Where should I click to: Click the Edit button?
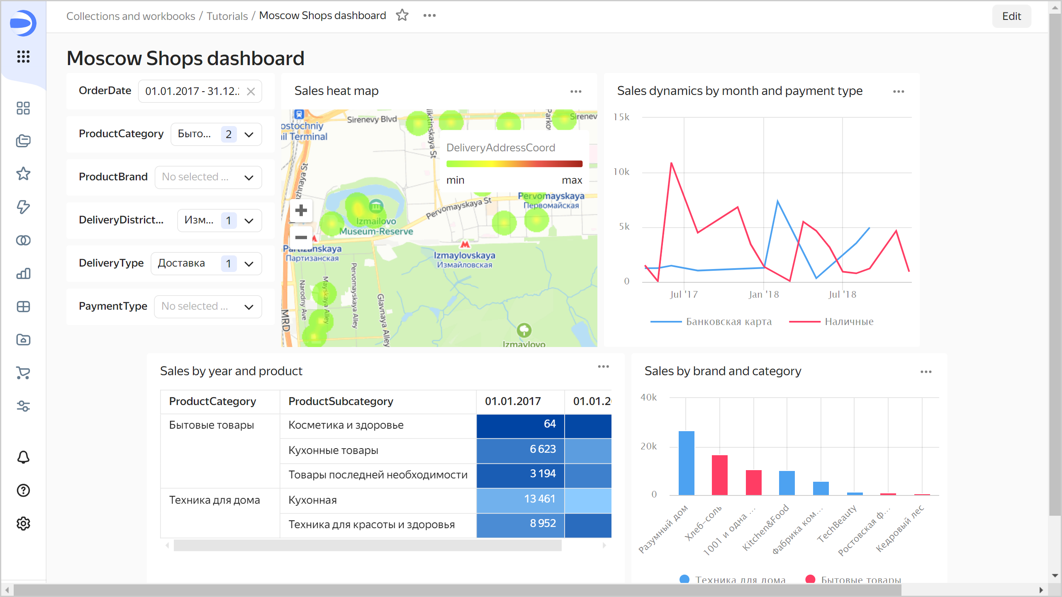(1011, 16)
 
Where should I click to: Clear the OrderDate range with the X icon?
(251, 92)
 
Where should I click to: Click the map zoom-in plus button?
(301, 211)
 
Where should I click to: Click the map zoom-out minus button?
(301, 238)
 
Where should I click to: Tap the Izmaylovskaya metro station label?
(464, 256)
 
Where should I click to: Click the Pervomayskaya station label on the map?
(551, 196)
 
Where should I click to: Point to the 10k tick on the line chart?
(621, 172)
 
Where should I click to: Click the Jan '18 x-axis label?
(764, 295)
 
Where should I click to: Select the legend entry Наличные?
(849, 322)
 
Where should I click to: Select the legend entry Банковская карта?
(728, 322)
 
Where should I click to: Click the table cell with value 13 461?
(520, 499)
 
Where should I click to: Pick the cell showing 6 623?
(520, 449)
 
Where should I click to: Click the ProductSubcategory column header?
(341, 401)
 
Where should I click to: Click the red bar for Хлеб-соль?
(720, 475)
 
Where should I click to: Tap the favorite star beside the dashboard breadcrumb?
(402, 16)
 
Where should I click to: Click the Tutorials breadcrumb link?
(227, 16)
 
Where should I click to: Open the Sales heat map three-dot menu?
(576, 92)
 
